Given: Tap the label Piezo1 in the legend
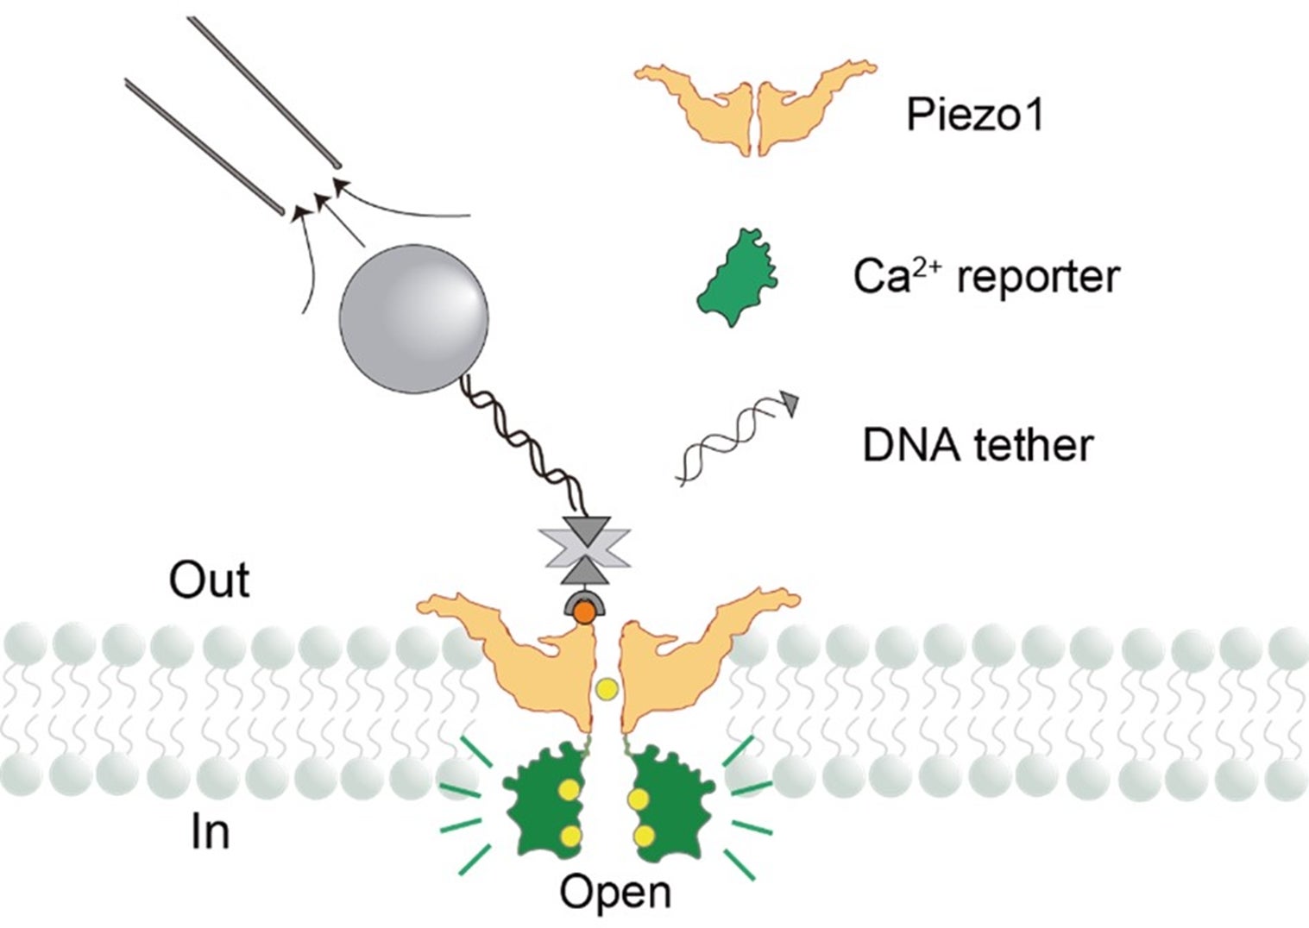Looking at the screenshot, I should tap(974, 114).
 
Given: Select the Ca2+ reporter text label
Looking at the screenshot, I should tap(986, 277).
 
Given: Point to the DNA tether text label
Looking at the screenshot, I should tap(978, 445).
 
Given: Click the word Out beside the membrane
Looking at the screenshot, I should tap(209, 580).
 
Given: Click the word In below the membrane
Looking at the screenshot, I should tap(210, 832).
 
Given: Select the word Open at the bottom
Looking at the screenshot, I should tap(614, 892).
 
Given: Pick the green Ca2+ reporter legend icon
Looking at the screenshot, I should tap(736, 278).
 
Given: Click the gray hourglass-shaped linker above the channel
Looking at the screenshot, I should tap(584, 550).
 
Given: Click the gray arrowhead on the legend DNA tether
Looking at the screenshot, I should tap(790, 402).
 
